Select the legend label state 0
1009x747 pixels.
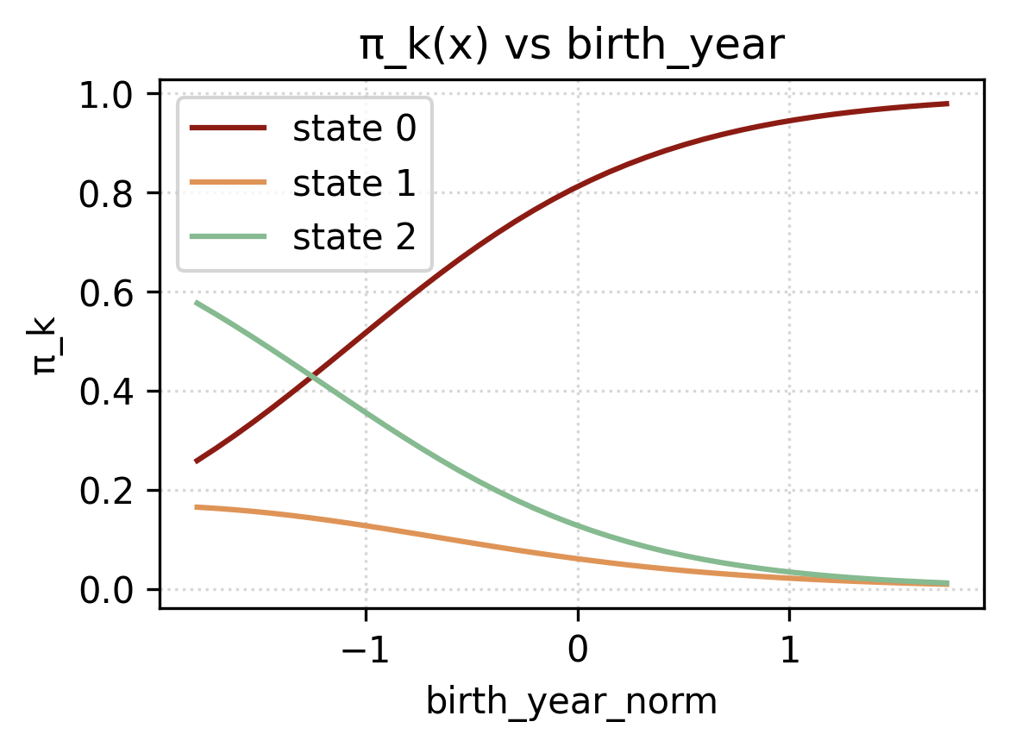[354, 129]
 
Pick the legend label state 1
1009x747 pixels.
[354, 183]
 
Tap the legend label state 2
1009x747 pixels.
[354, 236]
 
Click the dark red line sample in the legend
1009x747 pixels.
[229, 129]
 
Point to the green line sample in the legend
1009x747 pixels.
[229, 236]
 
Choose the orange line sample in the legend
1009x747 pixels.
[229, 183]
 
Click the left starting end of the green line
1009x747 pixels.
[197, 302]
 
